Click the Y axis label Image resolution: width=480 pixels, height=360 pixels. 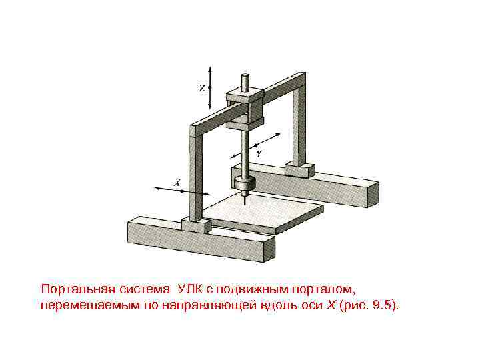259,153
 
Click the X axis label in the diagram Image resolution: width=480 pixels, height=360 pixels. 177,181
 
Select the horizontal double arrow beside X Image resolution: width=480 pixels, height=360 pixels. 171,190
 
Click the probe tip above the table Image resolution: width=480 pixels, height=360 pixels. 245,198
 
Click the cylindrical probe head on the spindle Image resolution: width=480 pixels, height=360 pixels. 245,183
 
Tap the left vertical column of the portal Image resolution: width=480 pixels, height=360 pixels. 196,177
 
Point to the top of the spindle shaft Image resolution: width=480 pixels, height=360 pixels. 245,83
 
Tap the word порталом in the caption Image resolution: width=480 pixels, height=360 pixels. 331,290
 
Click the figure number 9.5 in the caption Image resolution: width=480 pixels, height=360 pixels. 382,305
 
